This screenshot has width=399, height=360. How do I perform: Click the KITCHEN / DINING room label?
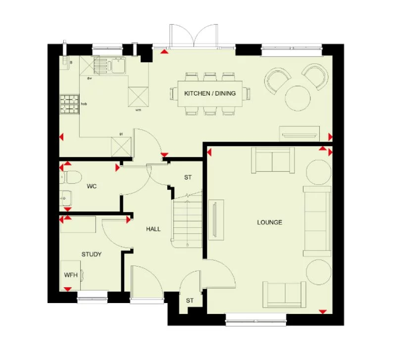click(210, 93)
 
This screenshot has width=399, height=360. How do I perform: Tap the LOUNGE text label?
click(269, 222)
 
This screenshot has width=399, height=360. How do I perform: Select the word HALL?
click(153, 229)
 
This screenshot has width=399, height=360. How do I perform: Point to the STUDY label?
click(92, 254)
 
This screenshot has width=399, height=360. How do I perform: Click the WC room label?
click(91, 187)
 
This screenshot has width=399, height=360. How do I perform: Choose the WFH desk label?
click(70, 275)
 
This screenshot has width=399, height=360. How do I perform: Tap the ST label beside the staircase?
click(188, 177)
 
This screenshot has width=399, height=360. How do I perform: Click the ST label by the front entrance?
click(190, 301)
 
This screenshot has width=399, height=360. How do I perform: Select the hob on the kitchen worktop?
click(69, 103)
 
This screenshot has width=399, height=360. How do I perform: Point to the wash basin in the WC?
click(66, 199)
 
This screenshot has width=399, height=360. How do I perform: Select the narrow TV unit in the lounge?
click(216, 219)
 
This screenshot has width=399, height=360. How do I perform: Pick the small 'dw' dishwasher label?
click(90, 78)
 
